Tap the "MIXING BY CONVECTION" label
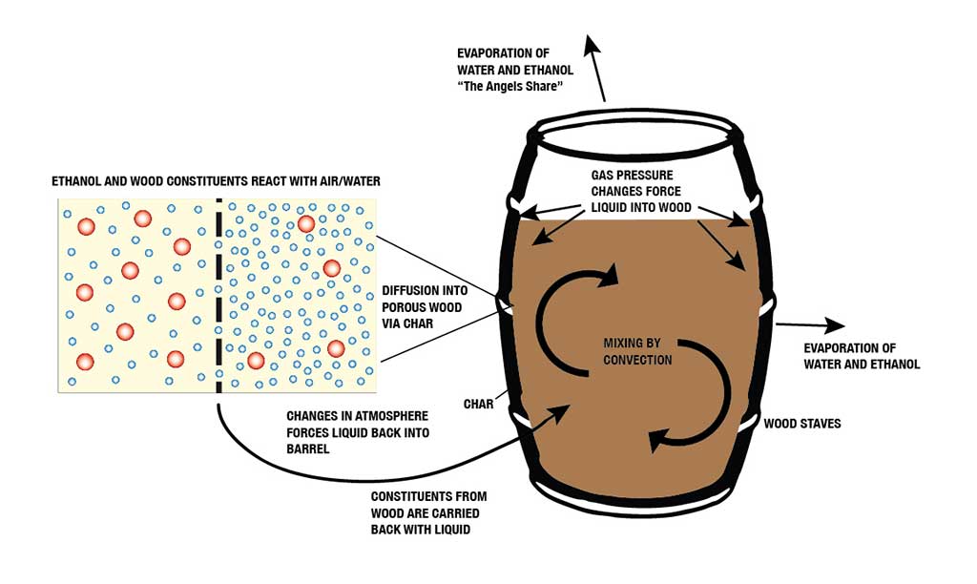point(637,351)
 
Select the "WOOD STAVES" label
point(802,423)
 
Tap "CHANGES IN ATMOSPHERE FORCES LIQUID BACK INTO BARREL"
point(359,432)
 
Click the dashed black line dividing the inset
point(218,295)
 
